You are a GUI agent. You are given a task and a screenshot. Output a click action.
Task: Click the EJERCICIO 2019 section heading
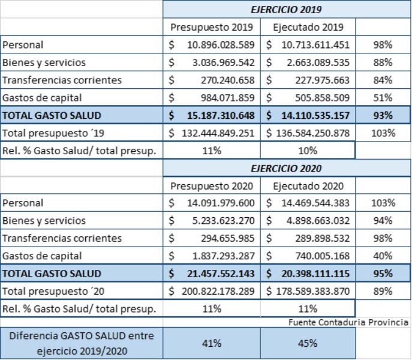pos(286,10)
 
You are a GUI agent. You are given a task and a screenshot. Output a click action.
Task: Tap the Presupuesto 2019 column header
pos(212,28)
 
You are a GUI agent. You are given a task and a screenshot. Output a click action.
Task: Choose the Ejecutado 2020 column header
pos(308,186)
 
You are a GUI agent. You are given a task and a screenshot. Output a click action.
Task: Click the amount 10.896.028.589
pos(219,45)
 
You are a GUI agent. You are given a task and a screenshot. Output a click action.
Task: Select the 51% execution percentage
pos(381,98)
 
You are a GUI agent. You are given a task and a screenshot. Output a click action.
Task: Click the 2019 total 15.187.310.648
pos(219,115)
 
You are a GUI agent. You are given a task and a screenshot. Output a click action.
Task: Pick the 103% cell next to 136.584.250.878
pos(381,133)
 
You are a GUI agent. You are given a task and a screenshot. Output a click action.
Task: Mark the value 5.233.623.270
pos(219,221)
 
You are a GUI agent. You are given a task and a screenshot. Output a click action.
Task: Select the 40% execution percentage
pos(381,256)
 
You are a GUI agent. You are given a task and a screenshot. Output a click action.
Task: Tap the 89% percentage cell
pos(381,292)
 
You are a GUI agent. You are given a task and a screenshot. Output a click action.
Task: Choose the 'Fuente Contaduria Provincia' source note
pos(348,322)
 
